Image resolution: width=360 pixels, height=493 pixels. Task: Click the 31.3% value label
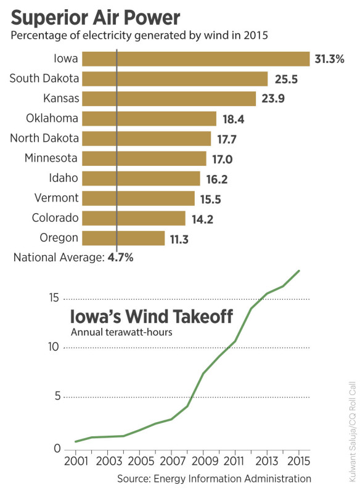click(x=329, y=59)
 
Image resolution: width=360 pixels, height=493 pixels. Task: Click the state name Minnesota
click(x=51, y=158)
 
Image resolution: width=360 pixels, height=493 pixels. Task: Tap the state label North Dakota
click(x=44, y=138)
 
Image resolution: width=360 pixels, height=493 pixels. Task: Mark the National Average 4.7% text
click(x=73, y=258)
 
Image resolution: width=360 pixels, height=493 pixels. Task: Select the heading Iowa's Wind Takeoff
click(x=151, y=317)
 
